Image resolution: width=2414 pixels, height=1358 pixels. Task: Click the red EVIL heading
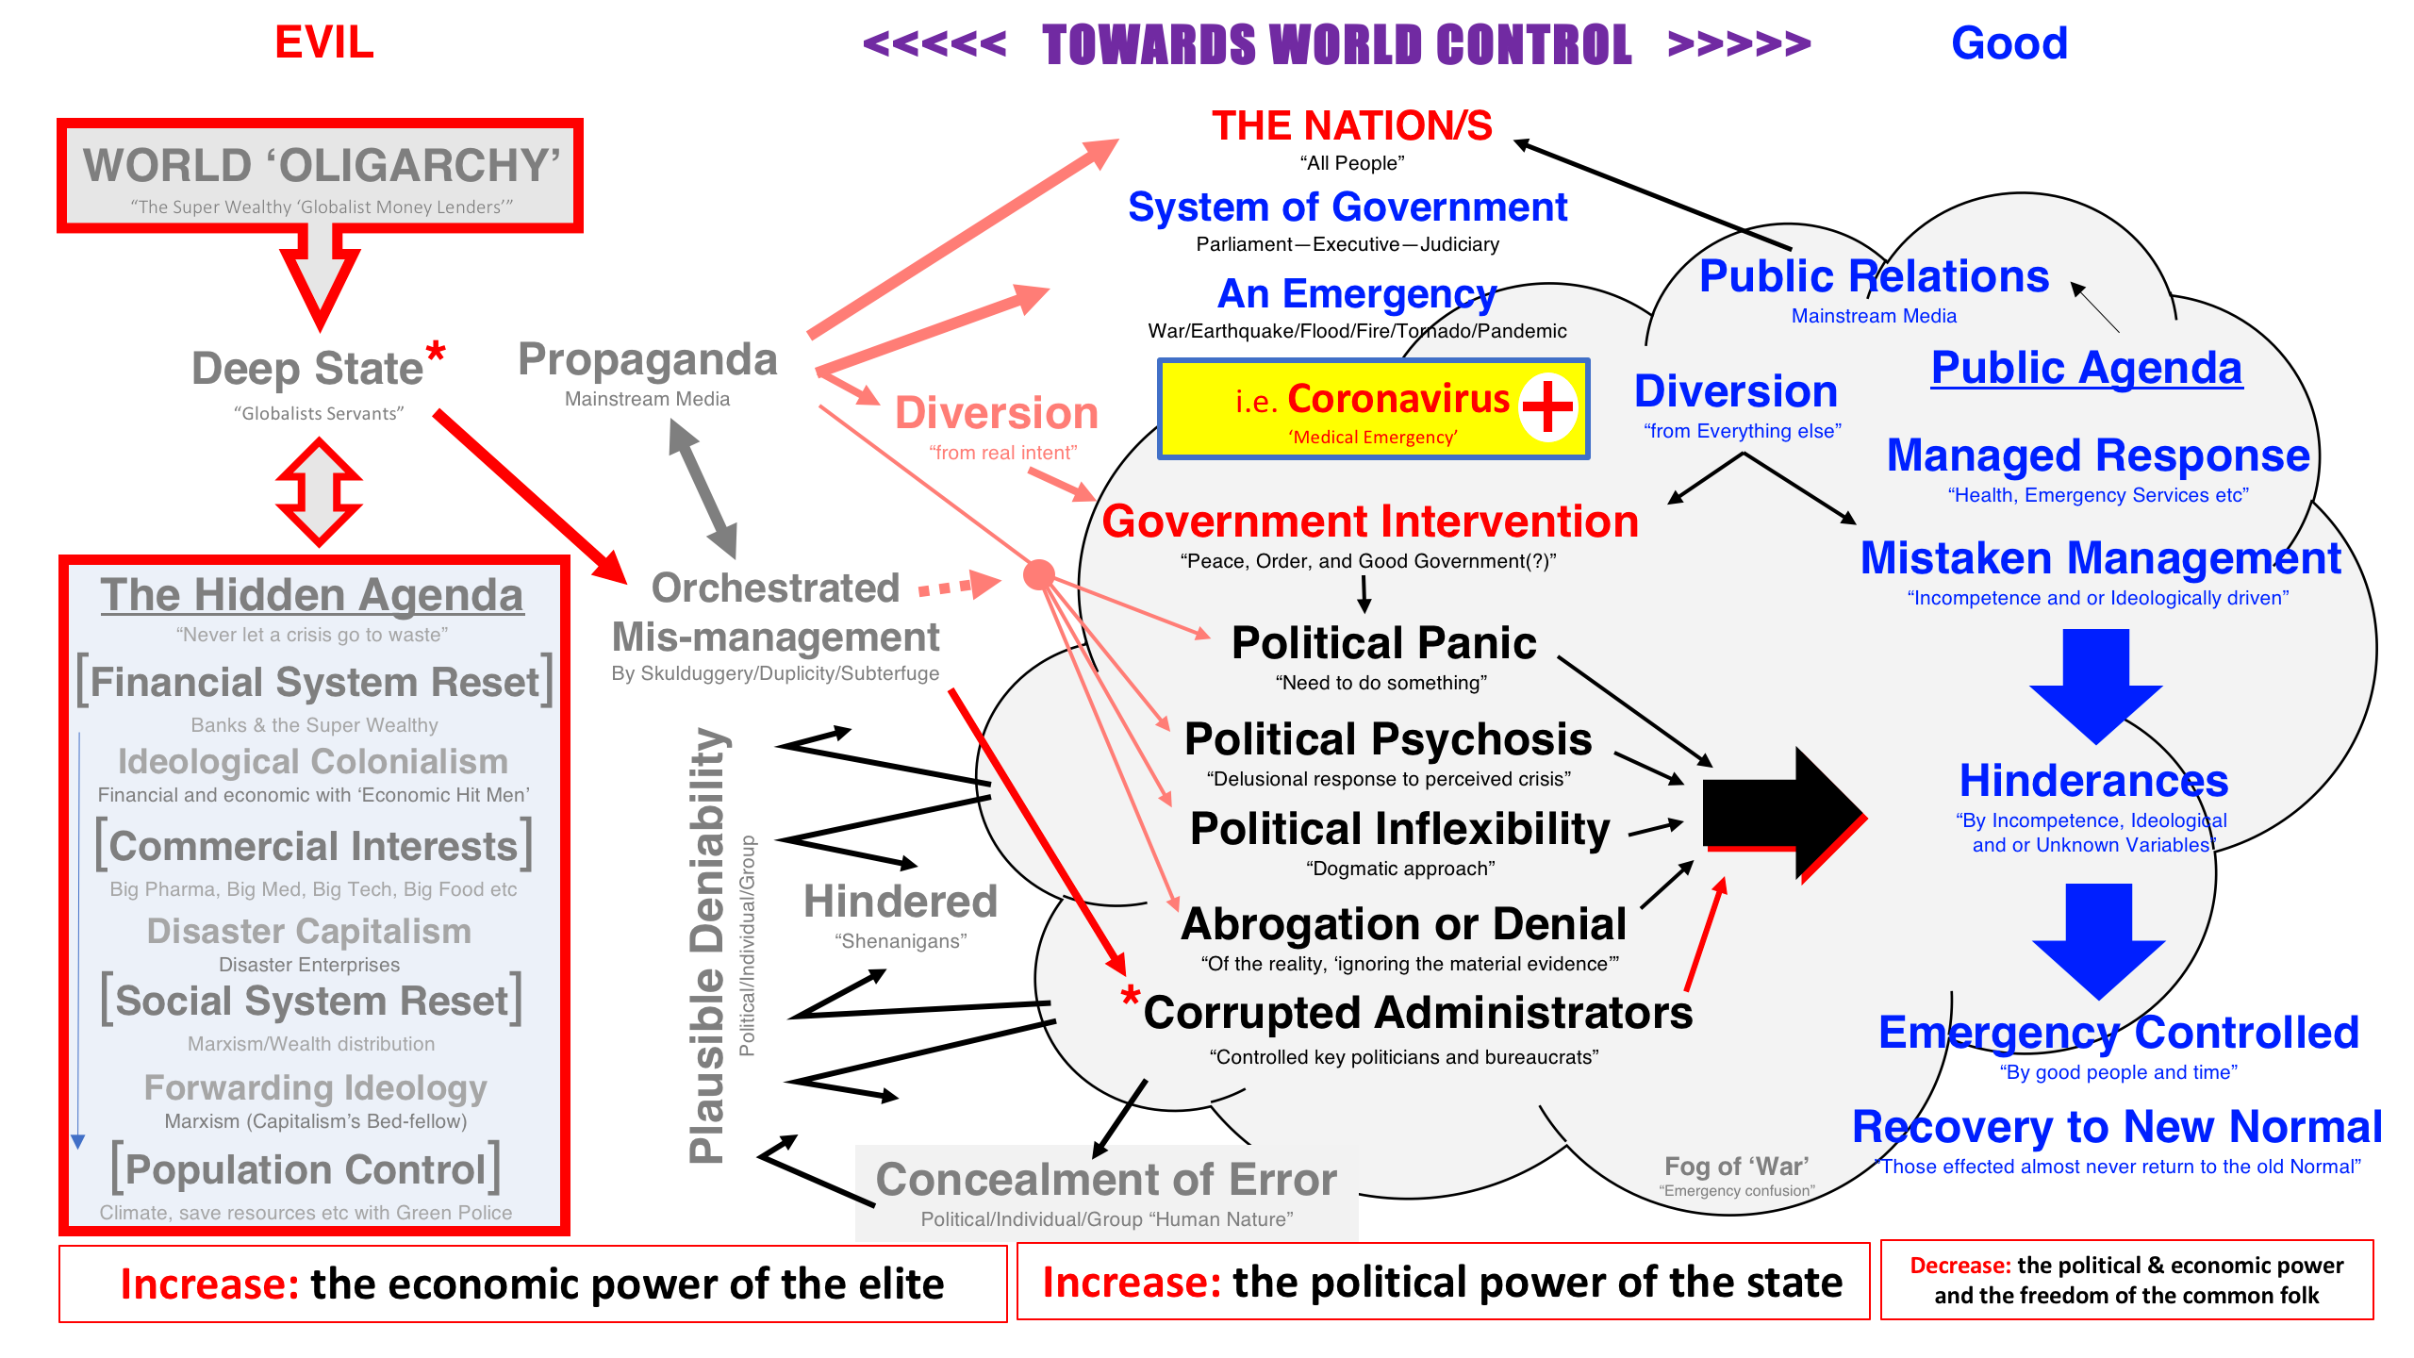(323, 42)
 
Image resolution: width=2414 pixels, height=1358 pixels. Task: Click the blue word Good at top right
(2009, 43)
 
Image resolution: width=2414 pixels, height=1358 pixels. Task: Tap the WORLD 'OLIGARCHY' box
(321, 176)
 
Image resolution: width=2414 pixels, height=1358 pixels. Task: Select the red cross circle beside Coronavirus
(1547, 406)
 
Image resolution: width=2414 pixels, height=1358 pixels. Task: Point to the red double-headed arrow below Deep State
(319, 491)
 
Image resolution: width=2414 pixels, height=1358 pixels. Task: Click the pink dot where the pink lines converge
(1039, 574)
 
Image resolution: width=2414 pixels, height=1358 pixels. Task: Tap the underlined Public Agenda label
(2086, 368)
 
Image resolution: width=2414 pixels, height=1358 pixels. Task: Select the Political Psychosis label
(1388, 739)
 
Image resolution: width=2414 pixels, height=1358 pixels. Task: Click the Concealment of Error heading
(1106, 1180)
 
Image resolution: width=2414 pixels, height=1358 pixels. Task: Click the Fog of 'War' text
(1736, 1167)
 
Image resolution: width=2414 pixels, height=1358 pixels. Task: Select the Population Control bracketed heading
(306, 1169)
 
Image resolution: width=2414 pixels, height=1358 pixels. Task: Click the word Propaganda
(648, 360)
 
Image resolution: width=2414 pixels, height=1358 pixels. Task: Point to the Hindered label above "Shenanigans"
(900, 902)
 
